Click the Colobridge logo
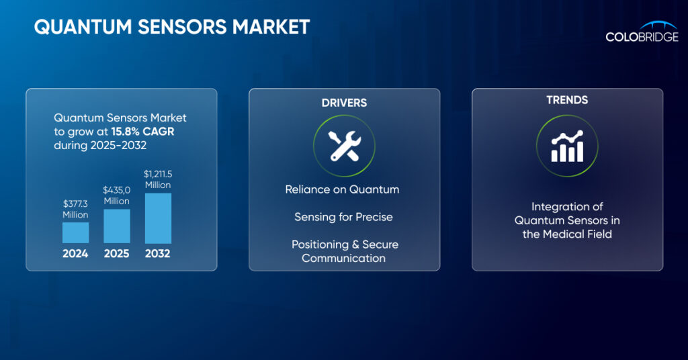click(x=642, y=32)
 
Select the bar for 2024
click(x=75, y=232)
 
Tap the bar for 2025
click(x=117, y=226)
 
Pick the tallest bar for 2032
click(x=158, y=218)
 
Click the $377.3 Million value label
click(x=75, y=209)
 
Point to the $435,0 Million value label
click(x=117, y=195)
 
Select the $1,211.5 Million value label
click(x=158, y=179)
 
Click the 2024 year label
click(x=75, y=253)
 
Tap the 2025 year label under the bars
click(x=117, y=253)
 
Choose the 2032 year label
click(x=157, y=253)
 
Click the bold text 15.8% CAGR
click(x=142, y=132)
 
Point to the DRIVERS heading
click(x=344, y=103)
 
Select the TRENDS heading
click(x=567, y=100)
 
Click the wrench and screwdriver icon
click(x=345, y=146)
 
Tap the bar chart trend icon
click(x=567, y=146)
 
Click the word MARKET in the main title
click(x=271, y=27)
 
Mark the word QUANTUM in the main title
click(x=83, y=27)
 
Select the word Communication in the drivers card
click(x=343, y=259)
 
